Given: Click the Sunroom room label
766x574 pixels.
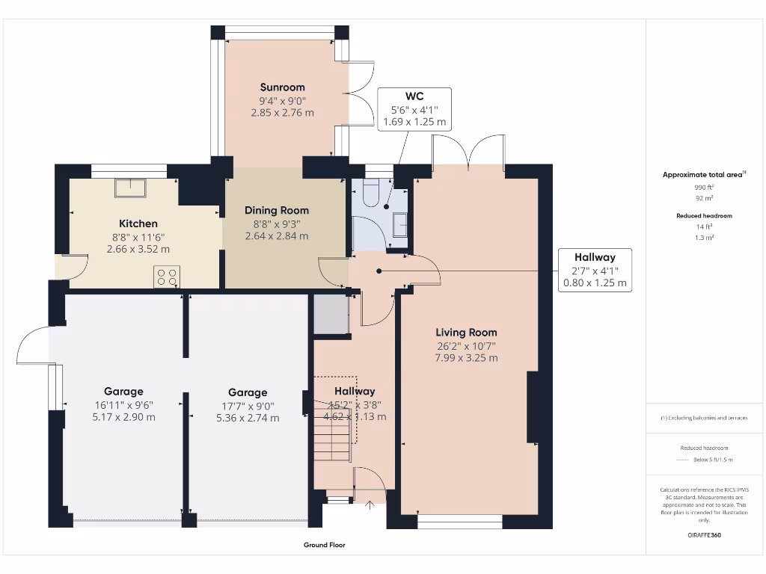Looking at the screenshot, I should point(282,87).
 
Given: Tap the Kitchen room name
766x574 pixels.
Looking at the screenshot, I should point(138,223).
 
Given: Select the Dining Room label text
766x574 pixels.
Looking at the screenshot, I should point(276,210).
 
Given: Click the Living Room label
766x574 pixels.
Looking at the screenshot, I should point(466,333).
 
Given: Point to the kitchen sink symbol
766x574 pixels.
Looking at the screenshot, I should point(132,187).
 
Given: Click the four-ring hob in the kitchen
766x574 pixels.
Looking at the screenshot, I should point(167,277).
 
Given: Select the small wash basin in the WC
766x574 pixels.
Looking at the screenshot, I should point(400,224).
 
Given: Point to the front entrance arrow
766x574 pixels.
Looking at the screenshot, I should point(369,506).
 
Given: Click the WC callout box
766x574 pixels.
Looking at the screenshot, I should point(414,109).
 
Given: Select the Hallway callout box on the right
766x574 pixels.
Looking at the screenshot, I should point(595,271).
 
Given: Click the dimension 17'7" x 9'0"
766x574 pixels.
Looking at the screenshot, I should point(247,406).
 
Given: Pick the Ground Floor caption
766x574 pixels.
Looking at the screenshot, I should point(324,546).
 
